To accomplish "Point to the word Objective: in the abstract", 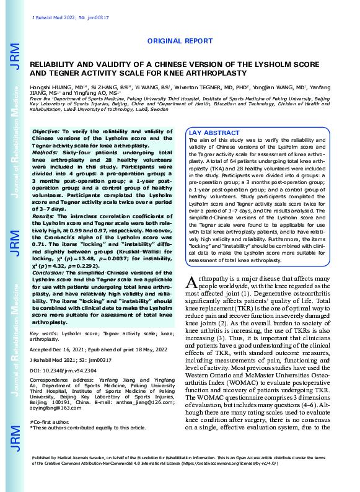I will [46, 133].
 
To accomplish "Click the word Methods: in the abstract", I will [45, 151].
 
